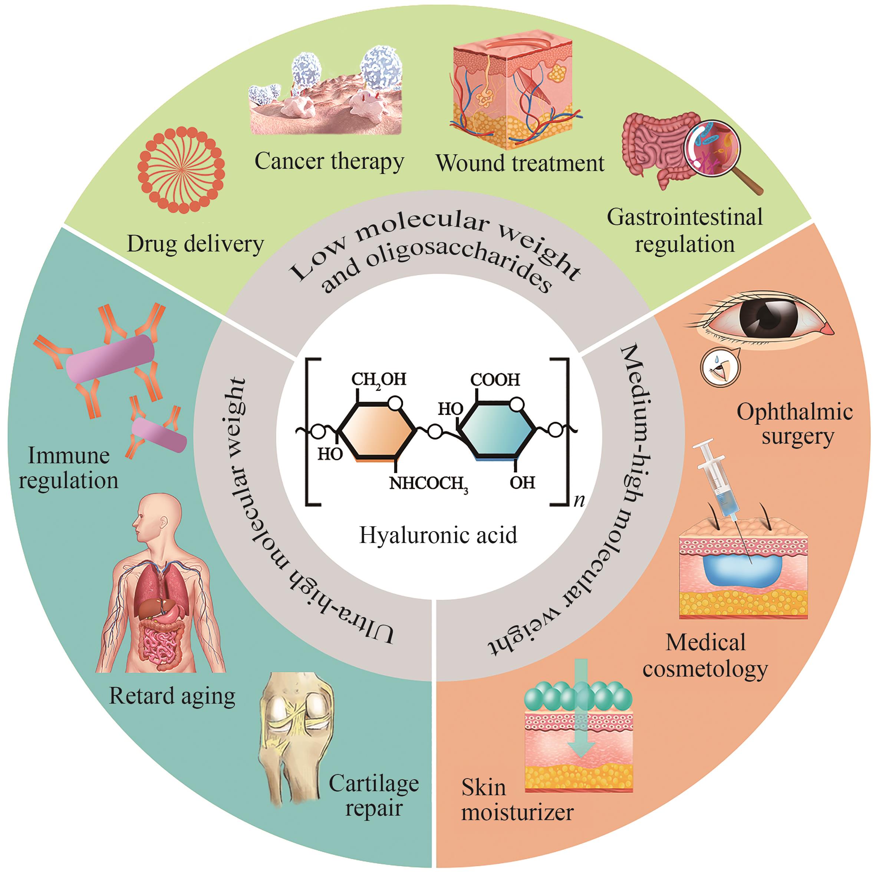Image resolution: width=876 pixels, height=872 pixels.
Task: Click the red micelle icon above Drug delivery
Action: [181, 170]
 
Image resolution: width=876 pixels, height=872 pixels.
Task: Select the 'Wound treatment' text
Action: [520, 163]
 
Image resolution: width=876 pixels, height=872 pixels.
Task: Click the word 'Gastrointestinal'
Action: [684, 217]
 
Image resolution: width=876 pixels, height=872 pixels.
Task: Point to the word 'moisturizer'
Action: [517, 812]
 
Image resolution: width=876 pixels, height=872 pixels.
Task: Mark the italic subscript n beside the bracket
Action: [579, 501]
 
